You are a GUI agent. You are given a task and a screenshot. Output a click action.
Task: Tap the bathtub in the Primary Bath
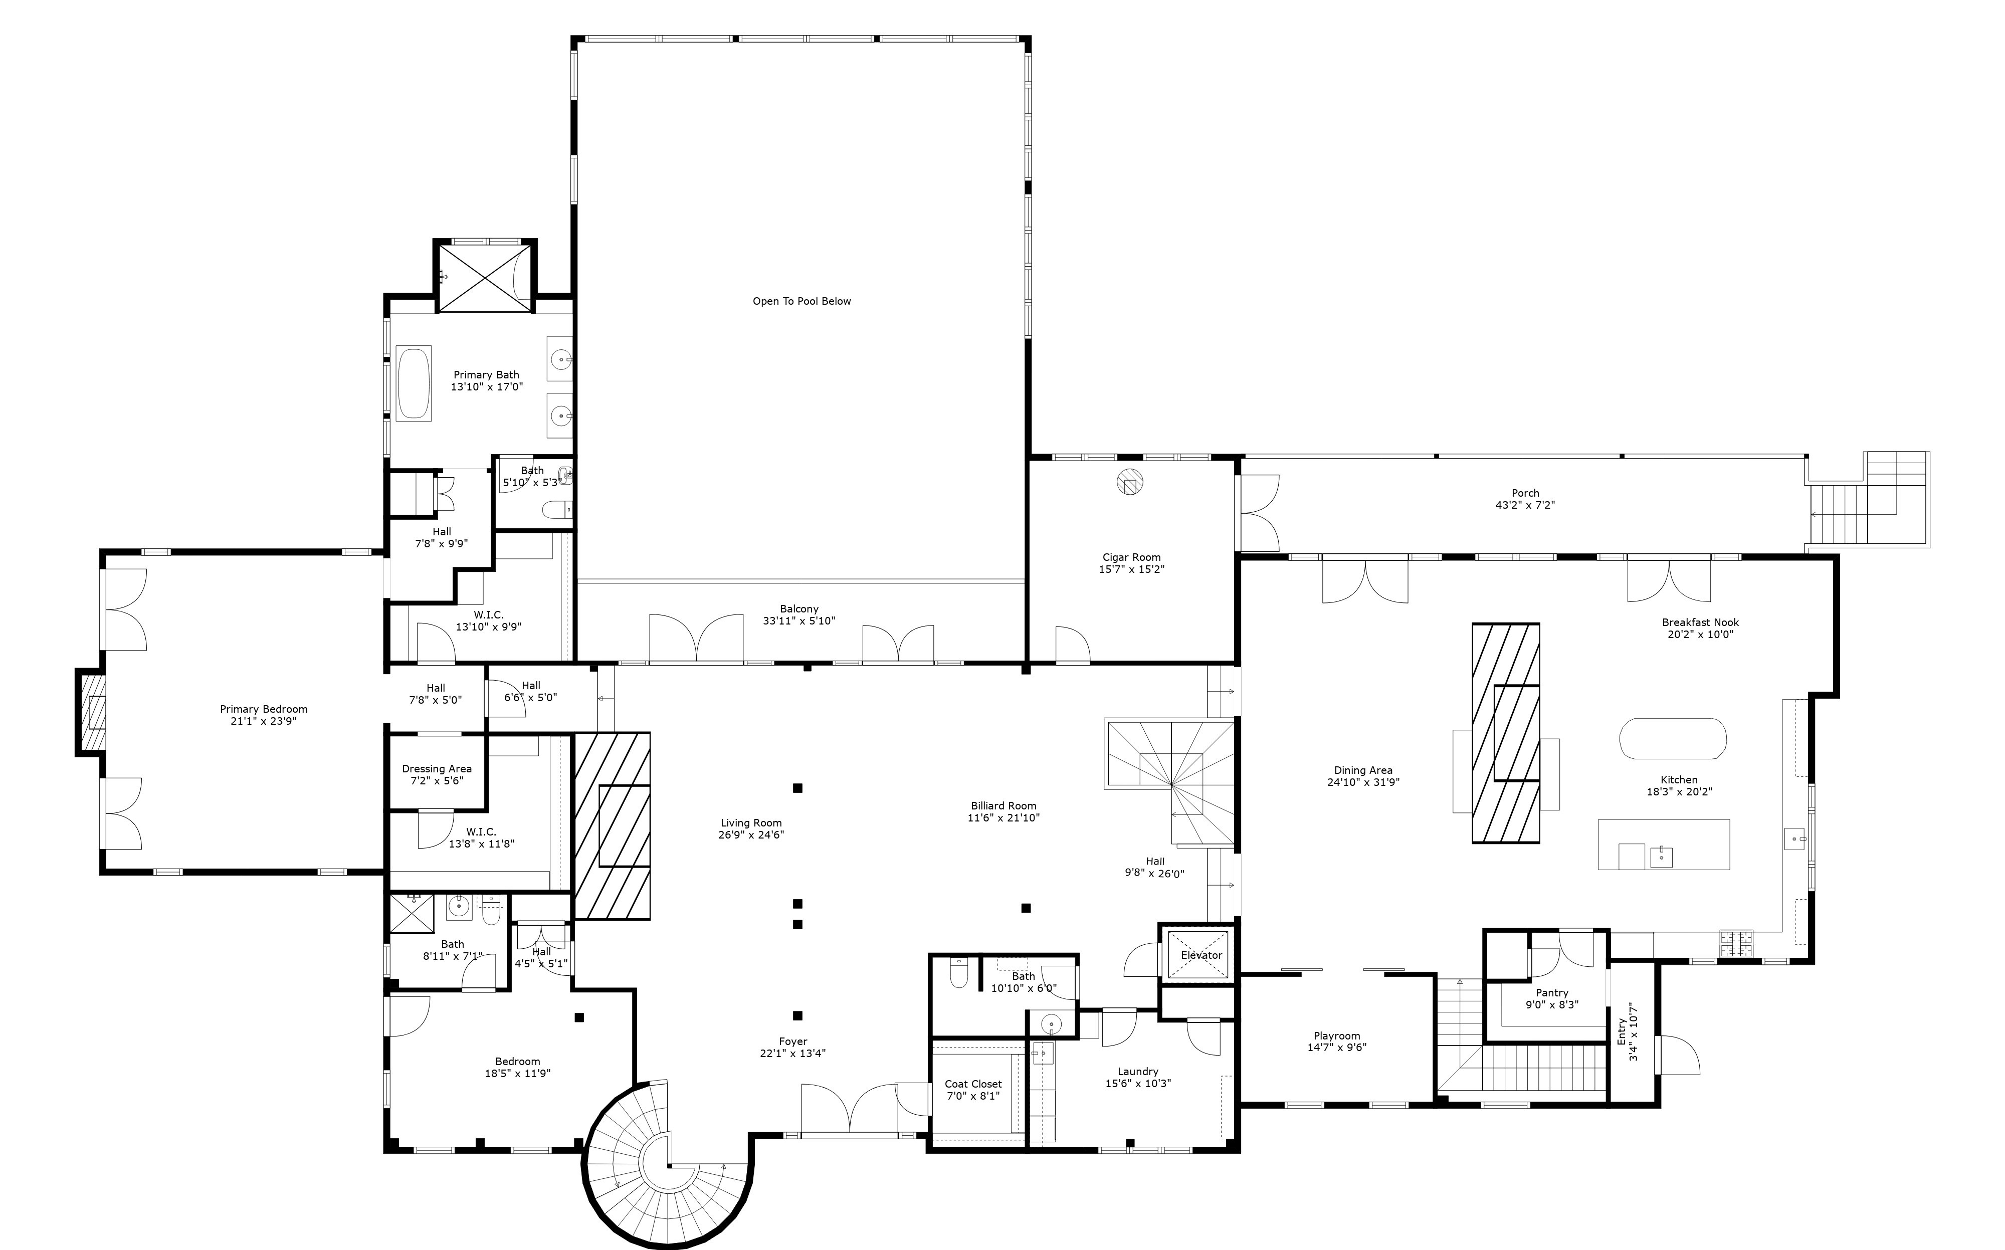coord(414,383)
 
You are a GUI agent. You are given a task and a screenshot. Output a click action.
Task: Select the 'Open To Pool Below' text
coord(801,301)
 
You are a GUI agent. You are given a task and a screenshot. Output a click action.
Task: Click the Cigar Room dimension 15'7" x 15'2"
coord(1131,569)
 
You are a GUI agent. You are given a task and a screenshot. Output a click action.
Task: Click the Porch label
coord(1525,493)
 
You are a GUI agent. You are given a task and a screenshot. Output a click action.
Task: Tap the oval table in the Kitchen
coord(1672,738)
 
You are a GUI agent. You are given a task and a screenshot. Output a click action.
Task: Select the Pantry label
coord(1552,993)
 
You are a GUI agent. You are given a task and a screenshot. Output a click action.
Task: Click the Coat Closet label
coord(972,1084)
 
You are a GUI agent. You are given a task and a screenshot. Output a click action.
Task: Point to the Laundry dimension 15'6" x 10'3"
coord(1138,1083)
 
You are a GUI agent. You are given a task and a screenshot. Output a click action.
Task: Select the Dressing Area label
coord(437,769)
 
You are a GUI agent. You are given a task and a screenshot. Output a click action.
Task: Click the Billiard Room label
coord(1003,805)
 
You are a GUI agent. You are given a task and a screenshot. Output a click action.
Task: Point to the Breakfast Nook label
coord(1700,622)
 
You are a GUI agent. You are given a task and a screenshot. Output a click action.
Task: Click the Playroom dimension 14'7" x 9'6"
coord(1336,1048)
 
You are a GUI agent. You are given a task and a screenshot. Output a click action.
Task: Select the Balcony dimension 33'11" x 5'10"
coord(798,621)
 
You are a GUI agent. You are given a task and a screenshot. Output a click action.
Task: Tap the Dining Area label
coord(1362,770)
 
